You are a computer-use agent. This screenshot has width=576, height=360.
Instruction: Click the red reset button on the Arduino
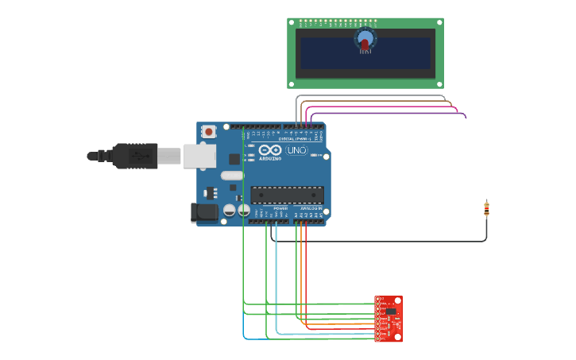click(x=208, y=131)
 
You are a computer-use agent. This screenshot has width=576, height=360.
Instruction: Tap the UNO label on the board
click(x=296, y=150)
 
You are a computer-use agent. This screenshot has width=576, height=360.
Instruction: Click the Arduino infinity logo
click(x=270, y=150)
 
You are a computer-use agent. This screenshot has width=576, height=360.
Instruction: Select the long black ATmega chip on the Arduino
click(x=287, y=195)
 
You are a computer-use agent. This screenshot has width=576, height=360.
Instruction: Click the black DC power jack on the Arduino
click(x=204, y=211)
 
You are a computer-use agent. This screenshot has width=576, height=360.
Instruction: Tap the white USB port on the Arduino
click(x=199, y=156)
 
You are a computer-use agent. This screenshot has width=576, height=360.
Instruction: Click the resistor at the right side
click(x=486, y=209)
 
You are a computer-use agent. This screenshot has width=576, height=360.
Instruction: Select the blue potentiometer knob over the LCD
click(x=365, y=38)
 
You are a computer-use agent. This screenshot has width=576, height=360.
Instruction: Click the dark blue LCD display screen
click(x=365, y=53)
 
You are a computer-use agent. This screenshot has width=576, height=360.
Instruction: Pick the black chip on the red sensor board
click(x=391, y=312)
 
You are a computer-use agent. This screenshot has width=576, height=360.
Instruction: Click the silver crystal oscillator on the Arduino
click(x=231, y=176)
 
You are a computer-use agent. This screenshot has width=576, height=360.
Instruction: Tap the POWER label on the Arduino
click(x=280, y=208)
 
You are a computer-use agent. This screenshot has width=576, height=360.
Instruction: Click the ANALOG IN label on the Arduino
click(x=311, y=208)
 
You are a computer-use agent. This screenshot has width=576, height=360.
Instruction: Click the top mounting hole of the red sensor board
click(x=398, y=300)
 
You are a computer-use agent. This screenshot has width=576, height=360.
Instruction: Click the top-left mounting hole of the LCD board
click(x=292, y=22)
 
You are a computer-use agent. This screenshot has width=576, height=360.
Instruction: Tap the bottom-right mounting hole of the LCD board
click(x=439, y=83)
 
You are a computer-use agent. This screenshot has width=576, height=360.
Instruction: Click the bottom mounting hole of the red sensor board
click(x=398, y=338)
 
